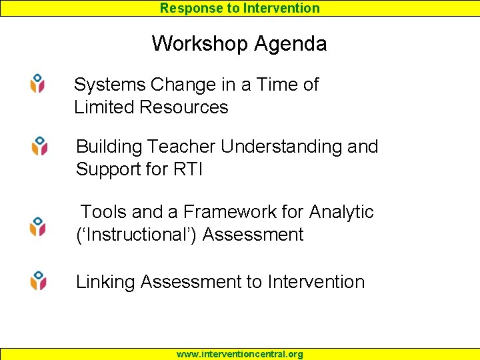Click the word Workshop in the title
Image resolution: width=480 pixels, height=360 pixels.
click(195, 44)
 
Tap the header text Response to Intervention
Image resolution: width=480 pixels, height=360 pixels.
click(240, 8)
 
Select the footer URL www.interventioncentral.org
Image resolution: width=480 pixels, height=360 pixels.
click(239, 354)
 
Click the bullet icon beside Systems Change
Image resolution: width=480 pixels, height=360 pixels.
click(38, 83)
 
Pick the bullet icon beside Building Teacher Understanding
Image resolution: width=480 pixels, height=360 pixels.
click(40, 146)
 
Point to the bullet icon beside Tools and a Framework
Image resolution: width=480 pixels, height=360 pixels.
click(38, 226)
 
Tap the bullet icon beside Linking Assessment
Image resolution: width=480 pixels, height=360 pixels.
click(39, 280)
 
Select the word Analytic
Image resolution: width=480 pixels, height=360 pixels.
click(341, 212)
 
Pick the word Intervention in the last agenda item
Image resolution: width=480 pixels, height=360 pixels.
click(316, 282)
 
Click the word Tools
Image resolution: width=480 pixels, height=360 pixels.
click(104, 212)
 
